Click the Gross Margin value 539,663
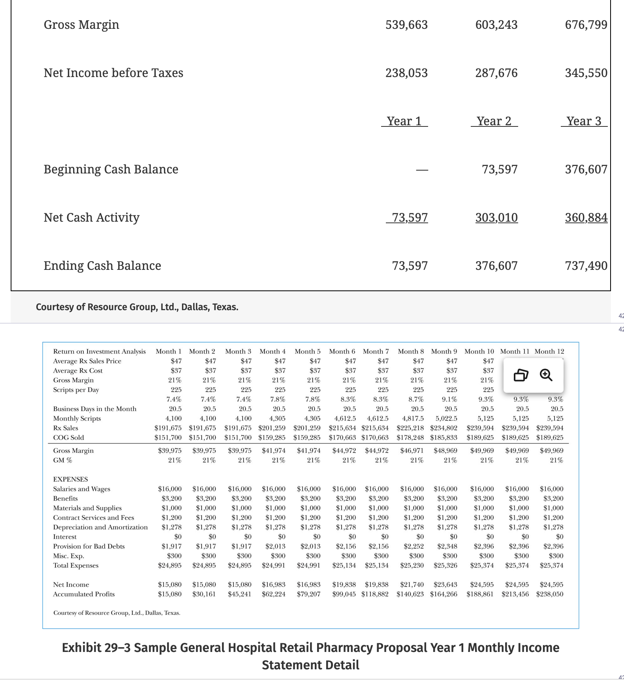[406, 25]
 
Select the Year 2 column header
[494, 121]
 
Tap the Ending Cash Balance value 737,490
[586, 266]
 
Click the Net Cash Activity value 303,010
[496, 217]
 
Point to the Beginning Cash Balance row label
[111, 169]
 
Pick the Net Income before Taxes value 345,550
[586, 73]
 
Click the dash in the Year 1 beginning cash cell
[422, 170]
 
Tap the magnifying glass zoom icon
[546, 375]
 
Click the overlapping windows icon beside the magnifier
[521, 375]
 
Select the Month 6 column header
[342, 351]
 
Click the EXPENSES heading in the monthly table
[71, 479]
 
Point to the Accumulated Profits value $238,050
[550, 594]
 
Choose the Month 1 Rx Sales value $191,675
[168, 428]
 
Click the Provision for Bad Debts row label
[89, 546]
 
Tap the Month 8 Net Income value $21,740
[412, 584]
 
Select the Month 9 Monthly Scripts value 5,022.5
[446, 418]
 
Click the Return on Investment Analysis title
[100, 351]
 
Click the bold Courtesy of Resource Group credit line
[137, 307]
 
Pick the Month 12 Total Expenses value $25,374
[552, 565]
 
